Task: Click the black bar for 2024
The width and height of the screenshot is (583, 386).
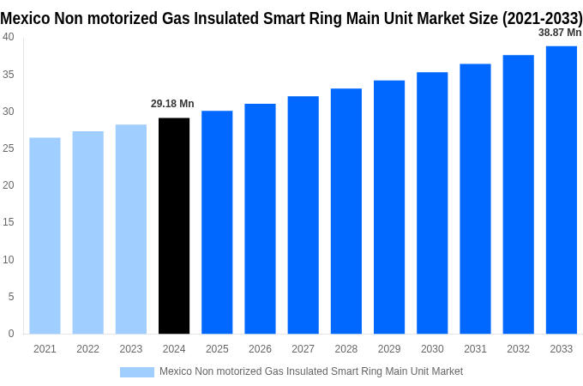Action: (x=174, y=226)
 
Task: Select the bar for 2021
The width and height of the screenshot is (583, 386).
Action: (x=45, y=236)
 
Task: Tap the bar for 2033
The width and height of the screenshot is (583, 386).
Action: (x=561, y=190)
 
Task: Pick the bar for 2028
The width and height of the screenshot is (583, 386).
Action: (x=346, y=211)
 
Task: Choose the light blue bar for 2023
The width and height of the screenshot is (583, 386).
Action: (x=131, y=229)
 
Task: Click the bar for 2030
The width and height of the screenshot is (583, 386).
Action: (x=432, y=202)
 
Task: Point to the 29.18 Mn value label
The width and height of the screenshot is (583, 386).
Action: (x=172, y=104)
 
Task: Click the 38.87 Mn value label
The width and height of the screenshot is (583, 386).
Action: (x=559, y=33)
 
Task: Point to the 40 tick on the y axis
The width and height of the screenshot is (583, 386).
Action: (x=8, y=37)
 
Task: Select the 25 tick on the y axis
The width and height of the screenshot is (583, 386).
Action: (x=8, y=148)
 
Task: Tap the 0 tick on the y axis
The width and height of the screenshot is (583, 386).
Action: (x=10, y=334)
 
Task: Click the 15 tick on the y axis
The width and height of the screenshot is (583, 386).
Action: (x=8, y=222)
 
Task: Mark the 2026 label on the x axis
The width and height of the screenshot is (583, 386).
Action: (x=260, y=349)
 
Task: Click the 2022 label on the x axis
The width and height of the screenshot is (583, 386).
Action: (x=87, y=349)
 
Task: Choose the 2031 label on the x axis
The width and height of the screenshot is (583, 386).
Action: (x=475, y=349)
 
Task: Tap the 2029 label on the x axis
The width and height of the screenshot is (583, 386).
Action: (x=389, y=349)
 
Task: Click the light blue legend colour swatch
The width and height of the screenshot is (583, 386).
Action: (x=136, y=372)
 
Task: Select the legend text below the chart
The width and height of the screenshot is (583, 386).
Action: (x=310, y=371)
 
